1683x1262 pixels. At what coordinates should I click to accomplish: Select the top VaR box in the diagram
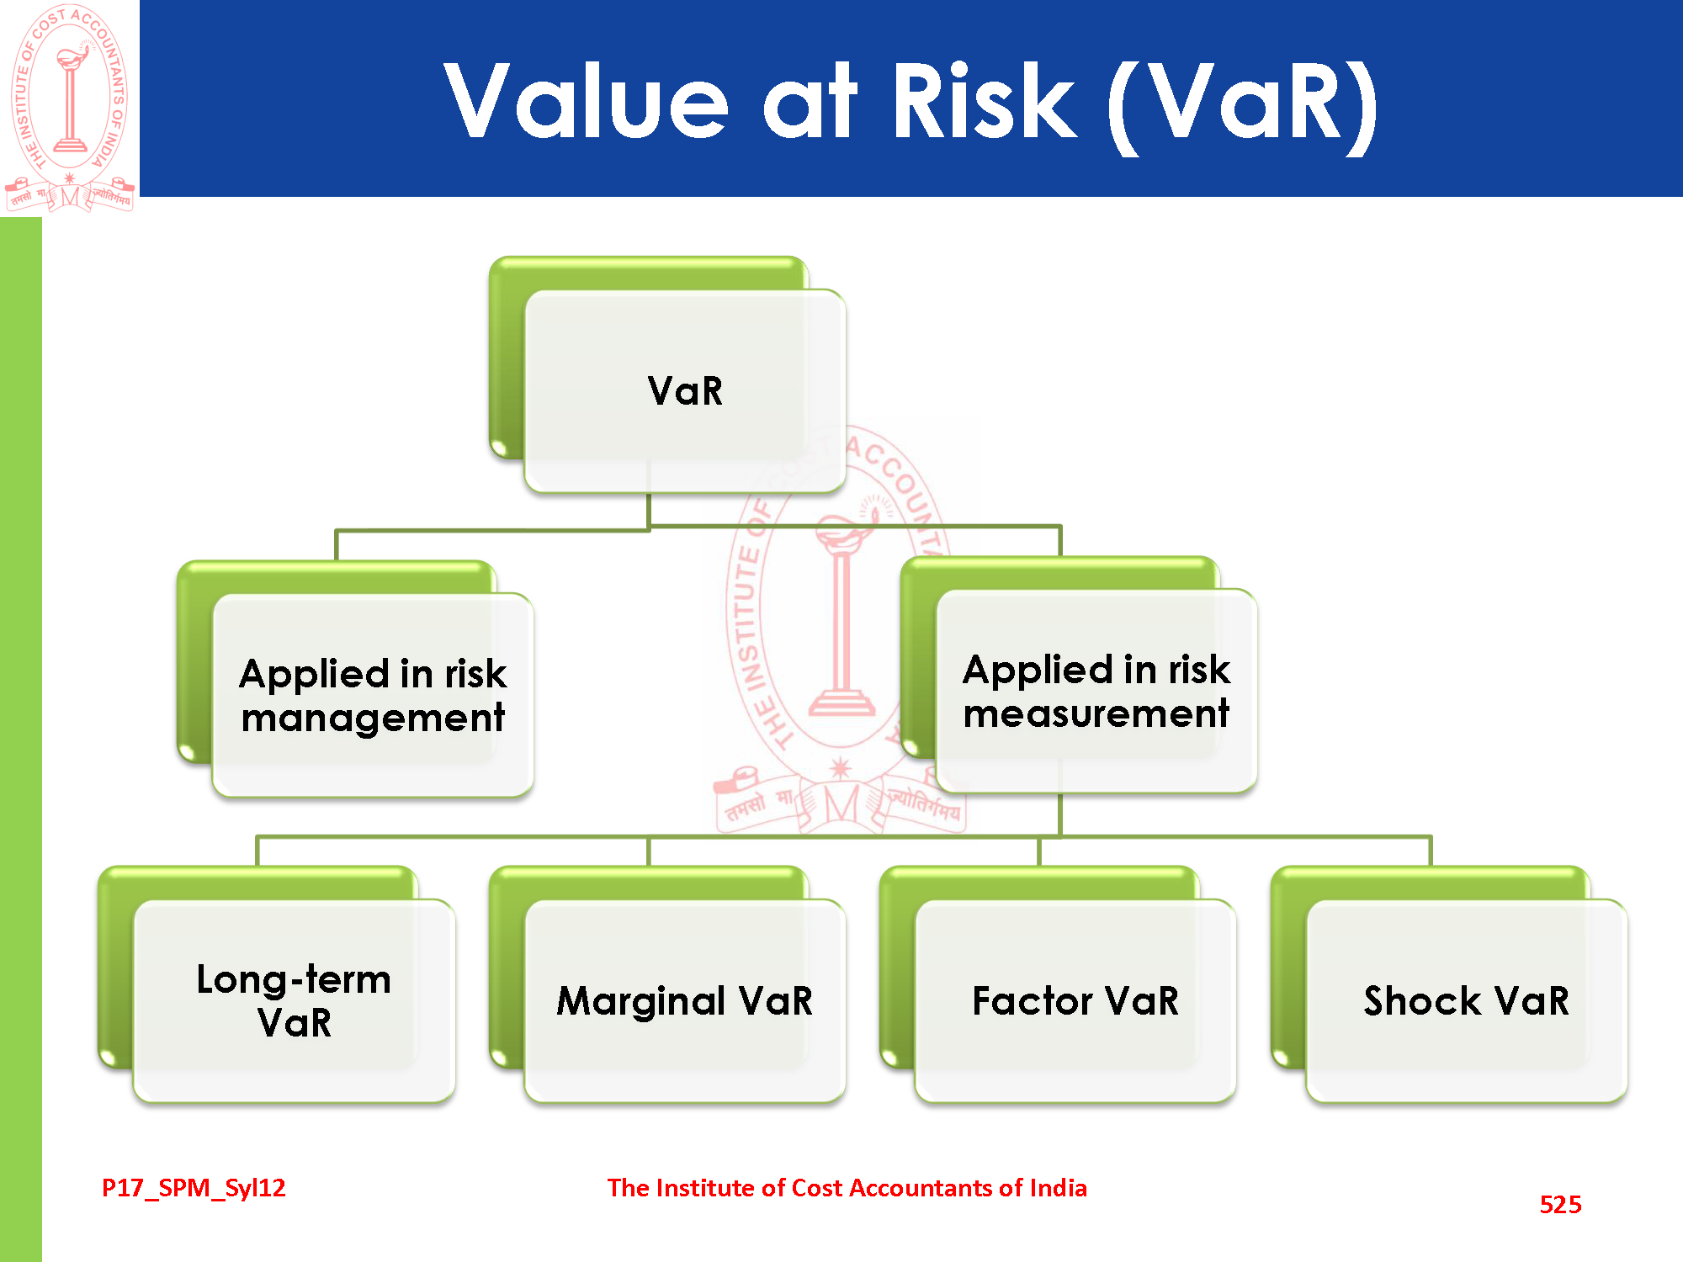(684, 391)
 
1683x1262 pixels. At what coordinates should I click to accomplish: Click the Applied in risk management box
(373, 695)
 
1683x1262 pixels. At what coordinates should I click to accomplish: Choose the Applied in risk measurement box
(1096, 691)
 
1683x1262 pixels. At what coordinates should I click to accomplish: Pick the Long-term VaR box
(294, 1000)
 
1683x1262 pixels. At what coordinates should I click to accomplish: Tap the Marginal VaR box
(684, 1000)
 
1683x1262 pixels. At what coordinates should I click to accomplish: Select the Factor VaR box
(1075, 1000)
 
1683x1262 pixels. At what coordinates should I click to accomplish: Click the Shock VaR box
(1466, 1000)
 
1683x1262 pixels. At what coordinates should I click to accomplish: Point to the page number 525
(1560, 1204)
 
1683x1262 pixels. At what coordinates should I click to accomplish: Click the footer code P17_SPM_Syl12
(194, 1187)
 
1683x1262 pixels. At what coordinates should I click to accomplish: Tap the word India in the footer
(1058, 1187)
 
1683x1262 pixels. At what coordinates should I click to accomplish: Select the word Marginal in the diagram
(640, 1001)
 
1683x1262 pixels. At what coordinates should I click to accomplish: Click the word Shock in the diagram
(1421, 1000)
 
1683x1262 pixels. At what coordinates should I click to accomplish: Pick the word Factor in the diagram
(1032, 1000)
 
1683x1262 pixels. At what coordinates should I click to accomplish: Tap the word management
(373, 718)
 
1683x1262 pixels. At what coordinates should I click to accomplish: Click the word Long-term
(294, 979)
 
